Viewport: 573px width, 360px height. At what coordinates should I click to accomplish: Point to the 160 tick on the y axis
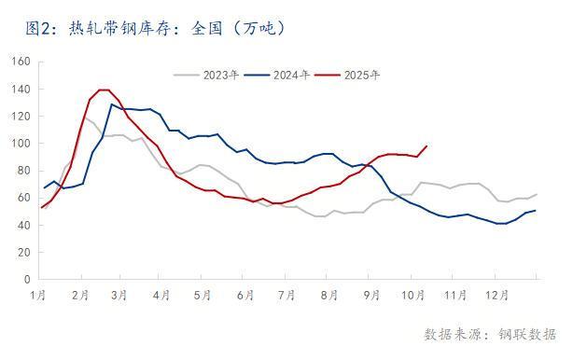tap(21, 62)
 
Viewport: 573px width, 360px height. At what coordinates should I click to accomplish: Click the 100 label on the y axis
tap(21, 144)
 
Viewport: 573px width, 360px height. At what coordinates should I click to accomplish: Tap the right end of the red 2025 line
tap(426, 145)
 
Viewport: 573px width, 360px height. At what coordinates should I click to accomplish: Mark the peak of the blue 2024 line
tap(112, 104)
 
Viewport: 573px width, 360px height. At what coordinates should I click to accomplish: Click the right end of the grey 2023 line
tap(536, 194)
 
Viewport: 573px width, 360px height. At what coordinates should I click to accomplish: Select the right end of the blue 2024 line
tap(536, 210)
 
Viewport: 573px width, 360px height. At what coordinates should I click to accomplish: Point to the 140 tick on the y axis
tap(21, 89)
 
